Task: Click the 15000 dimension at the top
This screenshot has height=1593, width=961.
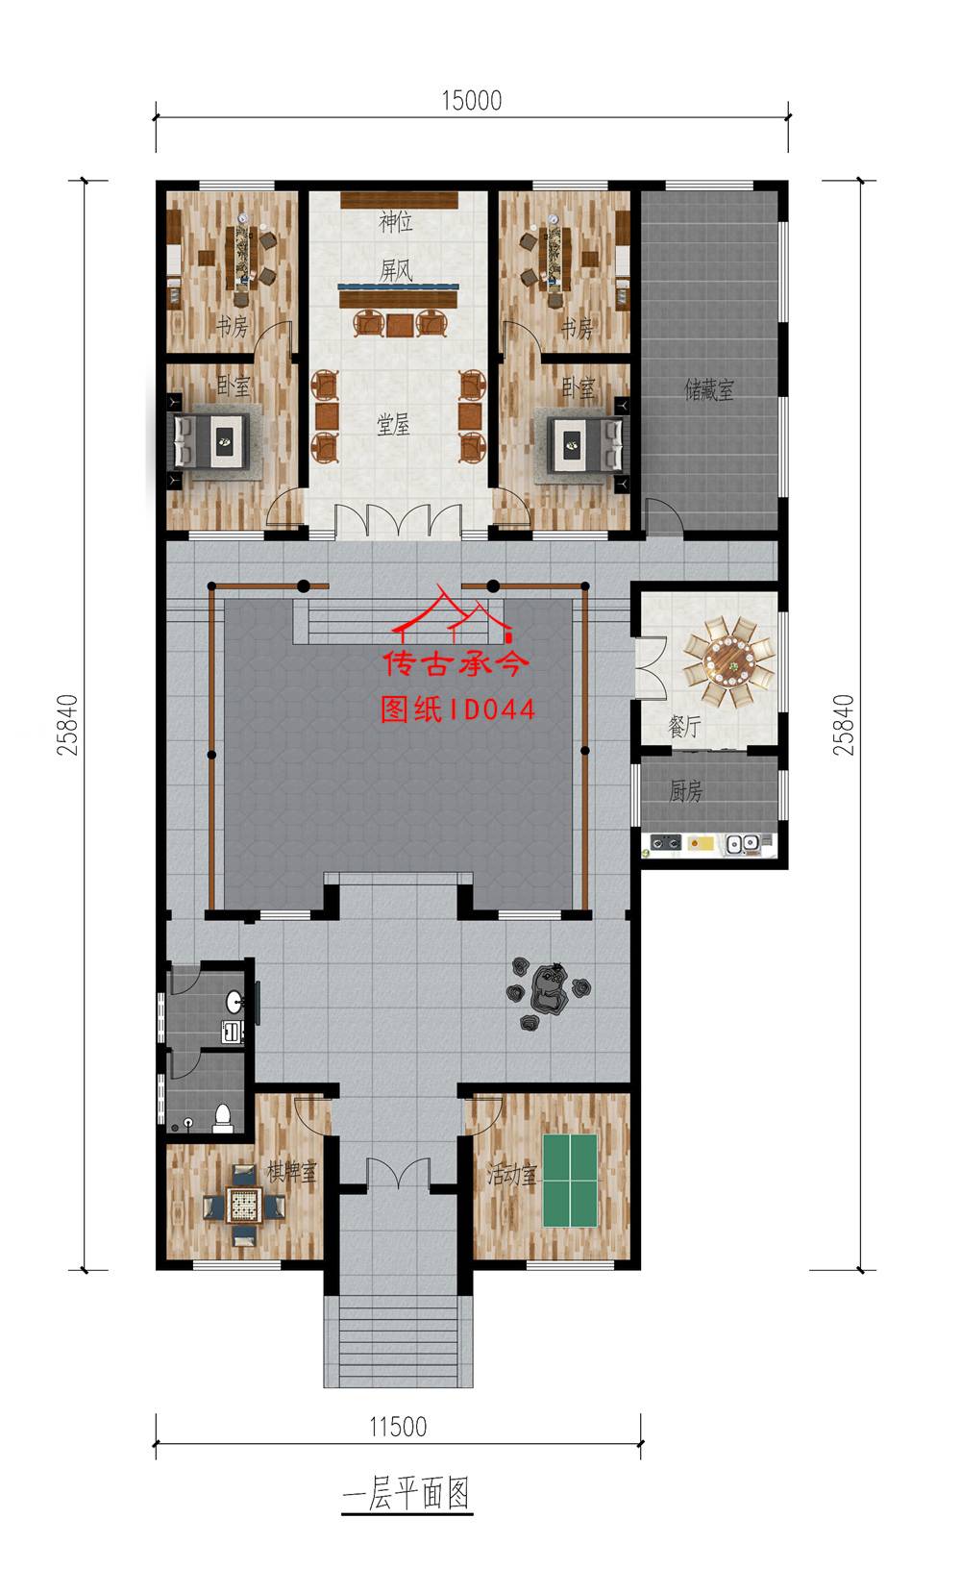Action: [471, 100]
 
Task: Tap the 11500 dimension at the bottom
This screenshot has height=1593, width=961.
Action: [398, 1426]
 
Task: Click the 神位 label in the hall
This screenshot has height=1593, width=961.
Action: [396, 222]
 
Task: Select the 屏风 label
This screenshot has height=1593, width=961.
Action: [396, 270]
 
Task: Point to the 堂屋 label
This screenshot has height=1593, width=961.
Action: [393, 425]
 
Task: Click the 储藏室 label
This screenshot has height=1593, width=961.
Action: [708, 389]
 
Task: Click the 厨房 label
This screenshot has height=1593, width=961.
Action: [686, 791]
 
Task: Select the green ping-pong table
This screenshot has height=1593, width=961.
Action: [570, 1180]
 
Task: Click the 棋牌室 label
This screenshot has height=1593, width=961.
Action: [291, 1171]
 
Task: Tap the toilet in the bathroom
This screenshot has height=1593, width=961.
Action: [223, 1118]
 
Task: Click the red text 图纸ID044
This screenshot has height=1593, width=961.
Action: [457, 709]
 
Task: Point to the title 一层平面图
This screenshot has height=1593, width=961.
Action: [407, 1493]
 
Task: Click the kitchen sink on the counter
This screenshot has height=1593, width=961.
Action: [742, 843]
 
